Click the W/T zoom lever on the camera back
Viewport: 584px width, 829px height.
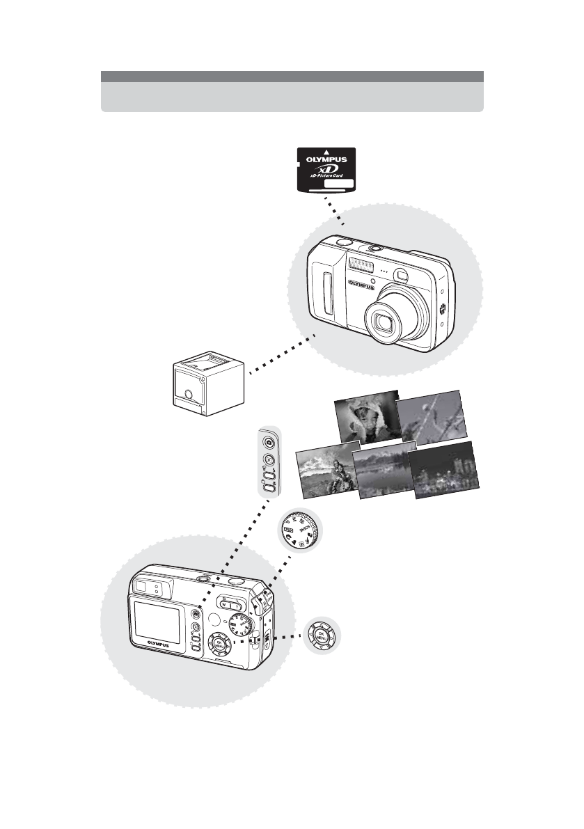[230, 604]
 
